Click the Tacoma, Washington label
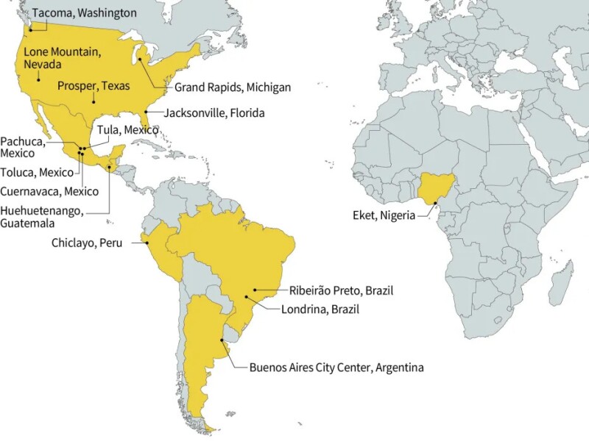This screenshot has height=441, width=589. click(x=84, y=12)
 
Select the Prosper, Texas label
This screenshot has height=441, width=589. click(x=94, y=86)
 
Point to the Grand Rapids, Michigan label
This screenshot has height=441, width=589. click(x=232, y=87)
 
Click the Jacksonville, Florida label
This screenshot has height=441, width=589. click(x=214, y=113)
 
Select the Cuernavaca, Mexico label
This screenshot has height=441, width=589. click(x=49, y=191)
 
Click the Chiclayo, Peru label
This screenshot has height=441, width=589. click(x=86, y=243)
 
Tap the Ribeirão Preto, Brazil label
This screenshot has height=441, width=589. click(x=331, y=290)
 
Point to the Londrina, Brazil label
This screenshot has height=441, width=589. click(x=320, y=309)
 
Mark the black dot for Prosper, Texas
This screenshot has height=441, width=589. click(x=94, y=101)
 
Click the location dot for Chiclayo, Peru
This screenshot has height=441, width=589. click(x=146, y=243)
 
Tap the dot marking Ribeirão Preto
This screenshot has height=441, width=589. click(x=255, y=290)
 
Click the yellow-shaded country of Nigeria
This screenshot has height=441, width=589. click(x=433, y=188)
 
